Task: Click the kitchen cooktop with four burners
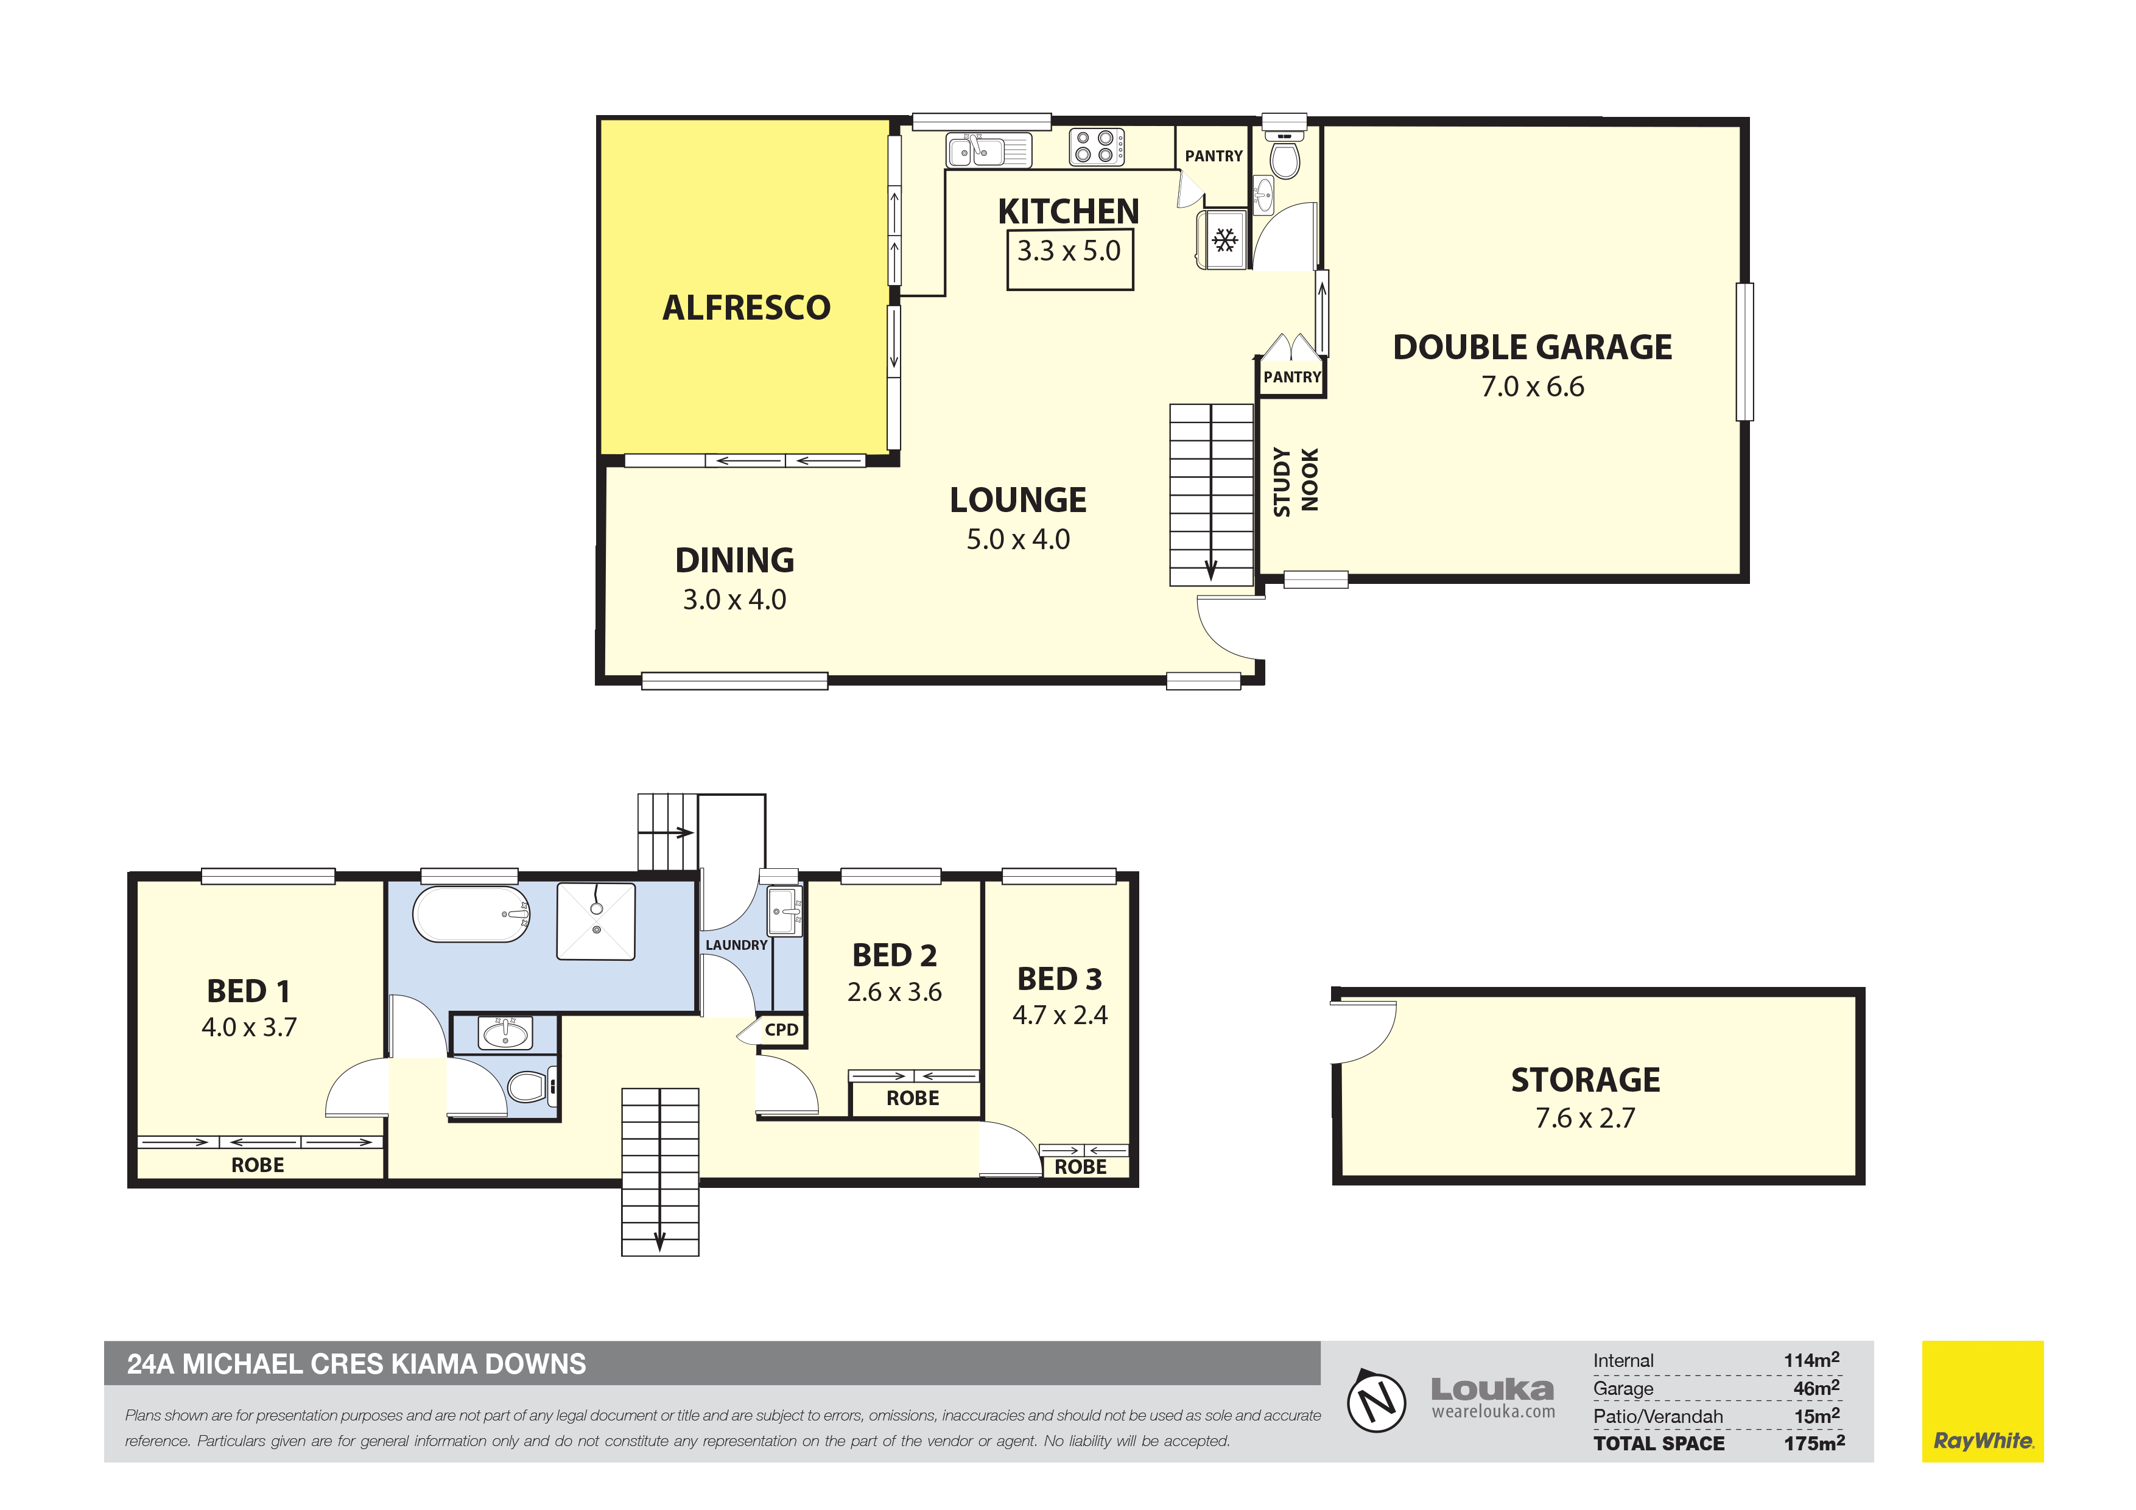click(x=1097, y=147)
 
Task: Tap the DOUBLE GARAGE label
click(x=1532, y=347)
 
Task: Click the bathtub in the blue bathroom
click(x=472, y=914)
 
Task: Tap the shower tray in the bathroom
click(x=595, y=921)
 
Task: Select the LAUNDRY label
click(x=736, y=945)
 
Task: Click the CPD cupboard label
click(x=781, y=1030)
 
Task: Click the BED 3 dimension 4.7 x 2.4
click(x=1059, y=1015)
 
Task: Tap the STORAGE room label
click(x=1585, y=1080)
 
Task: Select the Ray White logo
click(x=1983, y=1401)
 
